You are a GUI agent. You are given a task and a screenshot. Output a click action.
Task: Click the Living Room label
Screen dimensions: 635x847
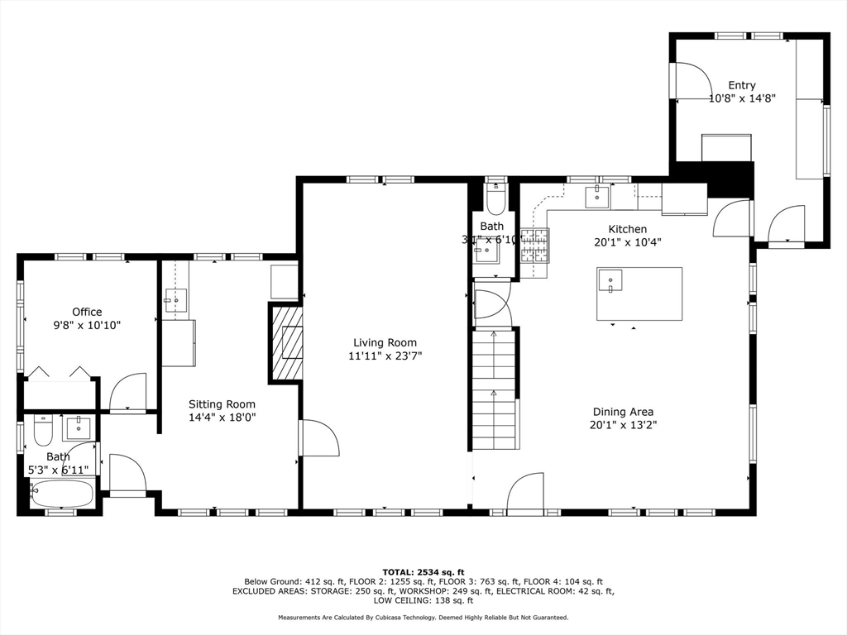[385, 342]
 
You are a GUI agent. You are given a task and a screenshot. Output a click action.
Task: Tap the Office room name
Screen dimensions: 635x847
[87, 312]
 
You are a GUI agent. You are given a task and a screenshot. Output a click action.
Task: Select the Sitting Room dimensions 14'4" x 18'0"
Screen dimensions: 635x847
[222, 418]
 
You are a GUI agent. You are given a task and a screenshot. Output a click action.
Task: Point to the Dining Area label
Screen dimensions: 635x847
[623, 412]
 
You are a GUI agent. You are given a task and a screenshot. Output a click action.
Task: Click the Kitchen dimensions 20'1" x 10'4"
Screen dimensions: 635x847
[628, 242]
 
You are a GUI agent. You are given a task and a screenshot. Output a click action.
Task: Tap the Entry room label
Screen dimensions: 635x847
[741, 85]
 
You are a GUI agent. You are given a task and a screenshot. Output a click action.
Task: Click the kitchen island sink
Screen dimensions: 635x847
[610, 281]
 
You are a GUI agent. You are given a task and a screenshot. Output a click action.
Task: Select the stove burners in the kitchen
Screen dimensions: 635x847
[535, 246]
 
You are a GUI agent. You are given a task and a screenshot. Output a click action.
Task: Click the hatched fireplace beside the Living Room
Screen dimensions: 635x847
[286, 342]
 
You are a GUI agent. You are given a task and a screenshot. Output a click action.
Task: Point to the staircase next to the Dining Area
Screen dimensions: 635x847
[494, 389]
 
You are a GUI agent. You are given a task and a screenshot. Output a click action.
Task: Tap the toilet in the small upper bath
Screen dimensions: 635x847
[495, 201]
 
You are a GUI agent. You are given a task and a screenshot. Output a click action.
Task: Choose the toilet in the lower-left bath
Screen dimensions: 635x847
[43, 429]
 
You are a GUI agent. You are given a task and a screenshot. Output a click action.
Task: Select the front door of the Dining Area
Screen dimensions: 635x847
[525, 494]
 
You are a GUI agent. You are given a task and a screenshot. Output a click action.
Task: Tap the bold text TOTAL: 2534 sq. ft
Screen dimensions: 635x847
[423, 571]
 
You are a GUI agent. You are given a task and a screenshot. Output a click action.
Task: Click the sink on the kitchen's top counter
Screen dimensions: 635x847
[596, 196]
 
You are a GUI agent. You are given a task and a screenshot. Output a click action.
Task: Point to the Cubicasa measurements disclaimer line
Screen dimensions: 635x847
[423, 618]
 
